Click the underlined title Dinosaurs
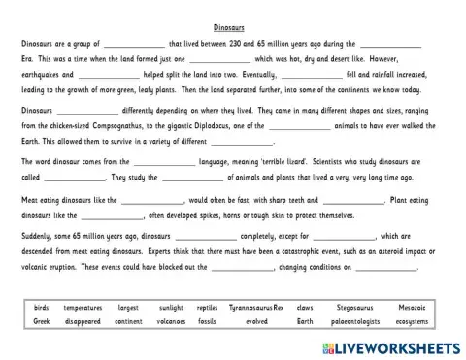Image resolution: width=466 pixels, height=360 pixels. point(233,29)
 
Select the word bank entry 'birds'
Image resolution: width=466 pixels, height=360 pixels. point(41,307)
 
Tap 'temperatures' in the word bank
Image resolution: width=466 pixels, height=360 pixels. point(83,307)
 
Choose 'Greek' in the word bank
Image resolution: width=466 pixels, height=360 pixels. point(41,320)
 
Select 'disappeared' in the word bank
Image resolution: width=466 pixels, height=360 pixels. point(83,320)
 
